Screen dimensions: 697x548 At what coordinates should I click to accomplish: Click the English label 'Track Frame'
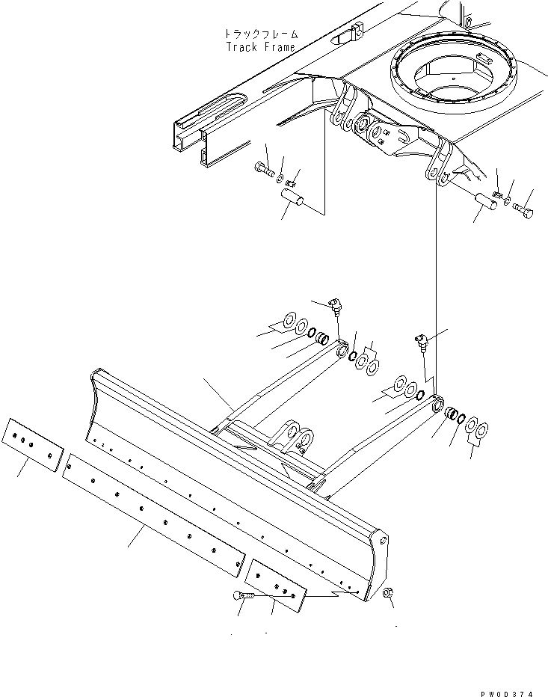click(260, 46)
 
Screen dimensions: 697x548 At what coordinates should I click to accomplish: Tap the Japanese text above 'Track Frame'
click(261, 34)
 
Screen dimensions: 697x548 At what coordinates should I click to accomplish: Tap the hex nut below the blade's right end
click(390, 593)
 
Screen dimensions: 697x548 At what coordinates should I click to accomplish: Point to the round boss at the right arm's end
click(437, 405)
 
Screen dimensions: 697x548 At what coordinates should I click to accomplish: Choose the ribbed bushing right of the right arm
click(452, 414)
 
